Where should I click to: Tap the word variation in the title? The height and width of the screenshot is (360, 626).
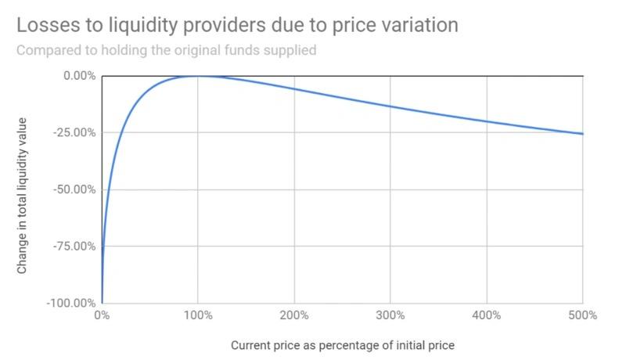tap(419, 25)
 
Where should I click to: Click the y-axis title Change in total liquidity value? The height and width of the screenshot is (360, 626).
tap(23, 196)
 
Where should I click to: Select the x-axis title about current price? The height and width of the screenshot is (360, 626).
tap(343, 345)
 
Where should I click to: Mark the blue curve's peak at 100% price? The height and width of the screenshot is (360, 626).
tap(198, 76)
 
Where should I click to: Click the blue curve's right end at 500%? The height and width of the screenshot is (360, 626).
tap(582, 134)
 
